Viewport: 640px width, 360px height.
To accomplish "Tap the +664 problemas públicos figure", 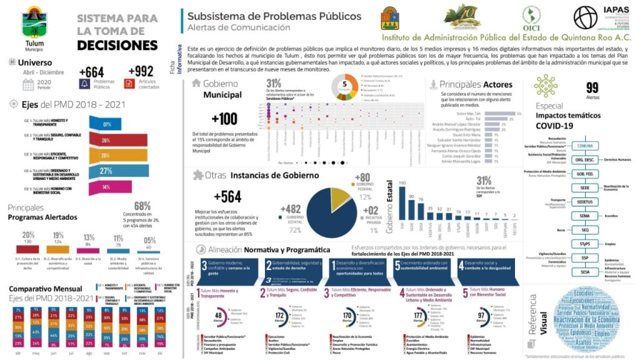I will (x=91, y=72).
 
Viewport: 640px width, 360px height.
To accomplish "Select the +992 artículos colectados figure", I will (x=140, y=72).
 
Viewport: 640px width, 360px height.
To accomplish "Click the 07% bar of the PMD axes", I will (x=106, y=124).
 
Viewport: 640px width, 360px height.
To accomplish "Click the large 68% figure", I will (x=142, y=206).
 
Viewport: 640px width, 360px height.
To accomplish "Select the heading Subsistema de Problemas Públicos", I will (x=274, y=16).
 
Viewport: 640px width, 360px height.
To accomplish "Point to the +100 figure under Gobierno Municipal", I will (x=224, y=119).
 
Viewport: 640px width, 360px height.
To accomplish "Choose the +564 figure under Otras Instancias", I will (x=227, y=196).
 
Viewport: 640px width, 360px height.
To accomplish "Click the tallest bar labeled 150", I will (x=402, y=203).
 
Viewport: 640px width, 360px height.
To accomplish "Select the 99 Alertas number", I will (x=592, y=88).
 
